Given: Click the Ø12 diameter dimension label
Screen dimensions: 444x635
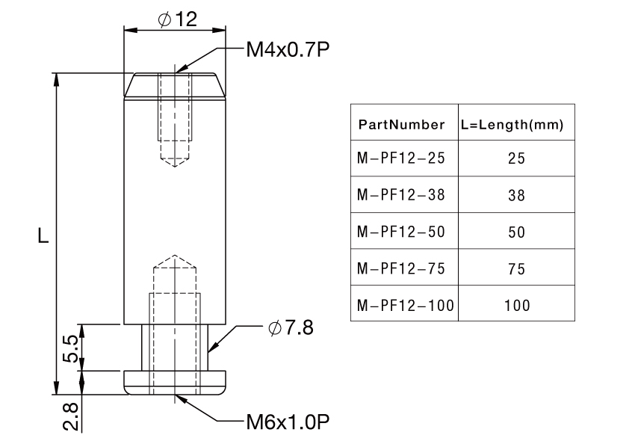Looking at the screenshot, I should point(177,19).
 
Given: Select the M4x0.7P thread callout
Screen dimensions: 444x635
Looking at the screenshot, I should point(288,50).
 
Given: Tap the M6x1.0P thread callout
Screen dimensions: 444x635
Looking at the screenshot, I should point(288,422).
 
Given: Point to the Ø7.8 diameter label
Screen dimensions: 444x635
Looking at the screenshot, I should point(291,328).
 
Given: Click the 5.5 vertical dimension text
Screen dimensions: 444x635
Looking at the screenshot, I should point(69,348).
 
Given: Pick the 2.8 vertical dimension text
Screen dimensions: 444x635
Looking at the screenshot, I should point(69,416).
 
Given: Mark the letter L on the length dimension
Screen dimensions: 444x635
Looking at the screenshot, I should point(43,236).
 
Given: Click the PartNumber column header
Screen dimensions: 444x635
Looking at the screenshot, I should point(402,124).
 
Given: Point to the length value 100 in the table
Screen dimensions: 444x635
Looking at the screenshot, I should point(516,305).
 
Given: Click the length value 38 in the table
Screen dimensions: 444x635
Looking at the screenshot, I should point(516,195).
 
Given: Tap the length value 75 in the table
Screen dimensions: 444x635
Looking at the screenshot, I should point(516,268).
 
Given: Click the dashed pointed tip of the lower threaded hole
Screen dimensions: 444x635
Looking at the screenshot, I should point(175,262).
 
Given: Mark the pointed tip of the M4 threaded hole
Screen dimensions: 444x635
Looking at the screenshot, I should point(176,161).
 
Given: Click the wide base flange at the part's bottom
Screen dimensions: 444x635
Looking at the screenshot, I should point(176,382).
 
